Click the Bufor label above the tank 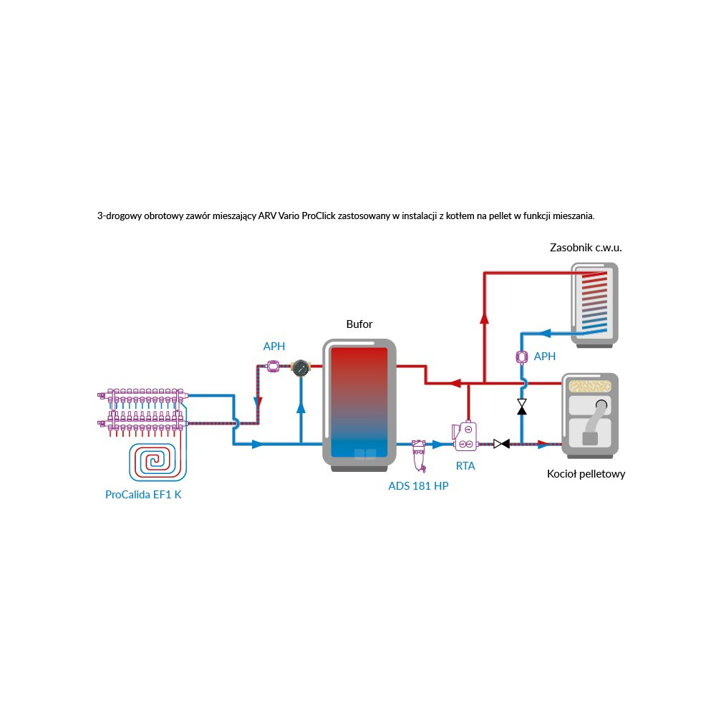[359, 324]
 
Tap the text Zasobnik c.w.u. [586, 248]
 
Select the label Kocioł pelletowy [586, 474]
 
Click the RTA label [465, 465]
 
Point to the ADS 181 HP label [419, 487]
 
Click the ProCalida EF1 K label [143, 494]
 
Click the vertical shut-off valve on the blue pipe [522, 407]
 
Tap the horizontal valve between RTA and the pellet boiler [501, 444]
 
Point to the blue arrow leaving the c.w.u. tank [544, 333]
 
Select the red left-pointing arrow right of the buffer [455, 383]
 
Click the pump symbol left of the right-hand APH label [522, 357]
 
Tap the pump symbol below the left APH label [274, 367]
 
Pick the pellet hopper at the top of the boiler [589, 386]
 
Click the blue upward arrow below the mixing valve [301, 407]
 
